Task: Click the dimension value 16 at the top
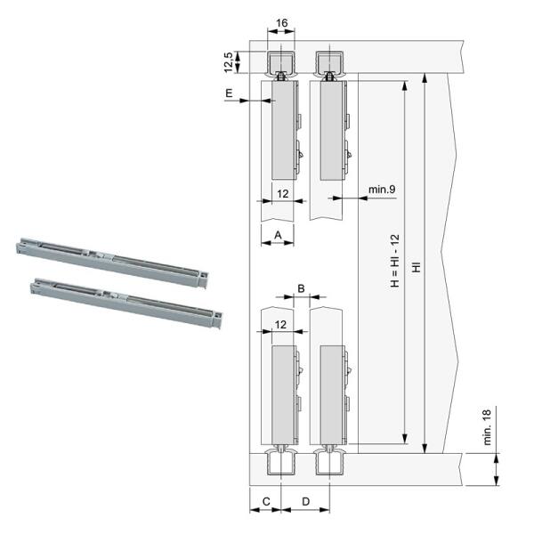click(x=281, y=23)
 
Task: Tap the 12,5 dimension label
click(x=229, y=62)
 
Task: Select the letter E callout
click(x=229, y=93)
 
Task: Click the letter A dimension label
click(x=278, y=235)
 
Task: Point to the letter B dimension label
click(x=301, y=288)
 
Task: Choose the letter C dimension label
click(x=266, y=501)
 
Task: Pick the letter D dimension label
click(x=306, y=501)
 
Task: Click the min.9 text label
click(x=382, y=189)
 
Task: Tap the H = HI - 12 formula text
click(x=394, y=261)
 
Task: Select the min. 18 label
click(x=488, y=427)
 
